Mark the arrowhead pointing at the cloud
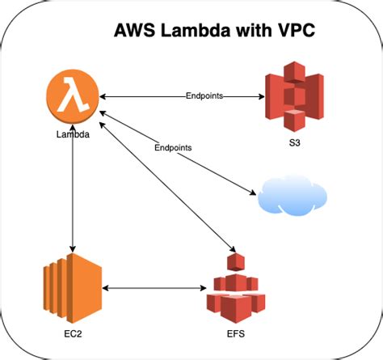[x=251, y=193]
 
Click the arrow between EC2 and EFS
[x=153, y=287]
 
